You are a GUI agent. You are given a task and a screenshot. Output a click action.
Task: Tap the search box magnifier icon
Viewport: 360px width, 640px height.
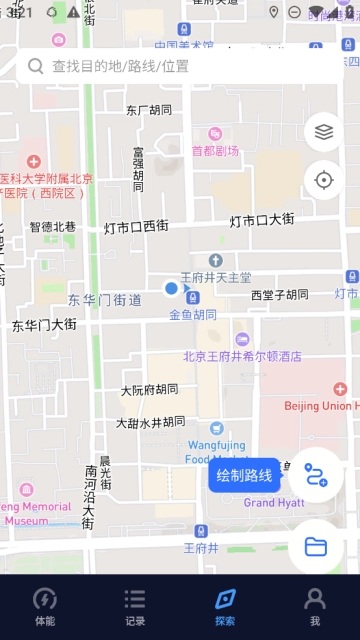36,66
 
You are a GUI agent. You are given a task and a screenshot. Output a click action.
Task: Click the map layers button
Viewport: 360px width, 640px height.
323,131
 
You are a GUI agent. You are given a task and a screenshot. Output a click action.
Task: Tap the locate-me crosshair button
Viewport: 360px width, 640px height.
323,180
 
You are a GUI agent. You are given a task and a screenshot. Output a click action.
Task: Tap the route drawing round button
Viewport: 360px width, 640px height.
316,475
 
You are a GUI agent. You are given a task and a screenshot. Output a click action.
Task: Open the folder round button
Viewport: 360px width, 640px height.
316,546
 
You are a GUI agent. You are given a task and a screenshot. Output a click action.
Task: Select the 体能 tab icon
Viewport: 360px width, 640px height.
45,599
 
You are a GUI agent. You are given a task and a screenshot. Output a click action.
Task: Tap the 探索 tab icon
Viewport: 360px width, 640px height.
225,599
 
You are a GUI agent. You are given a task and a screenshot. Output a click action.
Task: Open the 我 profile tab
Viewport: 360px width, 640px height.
315,599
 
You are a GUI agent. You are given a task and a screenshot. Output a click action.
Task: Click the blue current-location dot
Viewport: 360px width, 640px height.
171,289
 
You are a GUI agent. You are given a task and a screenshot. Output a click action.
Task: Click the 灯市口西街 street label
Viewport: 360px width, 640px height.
136,227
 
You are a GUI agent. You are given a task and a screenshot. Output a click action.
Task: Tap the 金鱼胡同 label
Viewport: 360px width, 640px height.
192,314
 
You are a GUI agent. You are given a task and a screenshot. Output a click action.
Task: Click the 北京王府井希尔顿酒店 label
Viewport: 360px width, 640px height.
242,356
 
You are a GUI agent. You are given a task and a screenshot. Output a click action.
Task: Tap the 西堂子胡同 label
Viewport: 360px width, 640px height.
280,295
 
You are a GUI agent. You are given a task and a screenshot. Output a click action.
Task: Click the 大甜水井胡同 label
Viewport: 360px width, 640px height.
150,423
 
